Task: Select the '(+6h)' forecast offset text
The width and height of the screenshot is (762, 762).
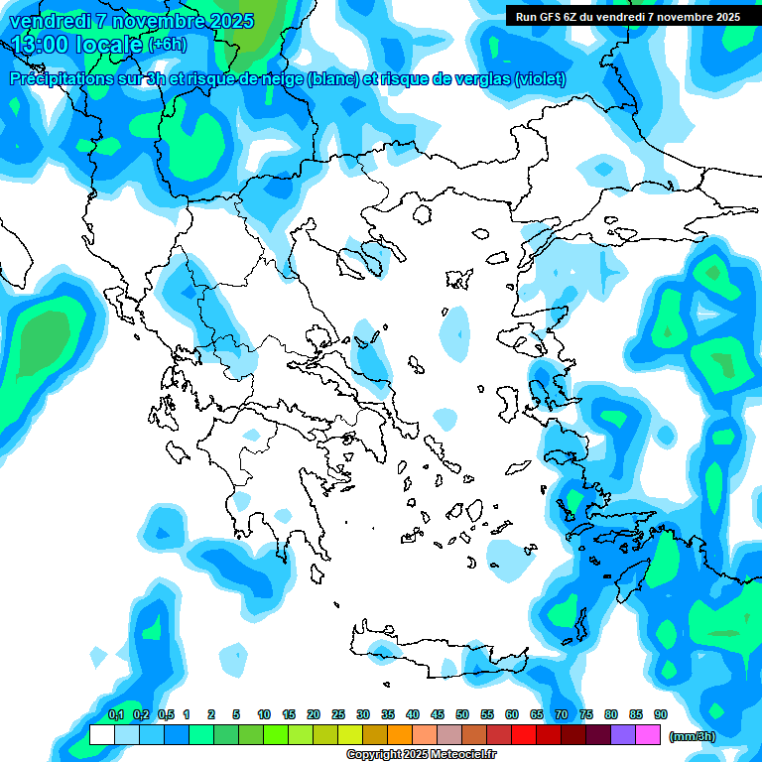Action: (x=167, y=45)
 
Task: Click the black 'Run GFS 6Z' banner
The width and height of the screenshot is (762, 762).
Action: (x=628, y=16)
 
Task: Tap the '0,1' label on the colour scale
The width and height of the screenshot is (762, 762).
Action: (x=115, y=714)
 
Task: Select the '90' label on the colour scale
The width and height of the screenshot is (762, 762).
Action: (x=661, y=714)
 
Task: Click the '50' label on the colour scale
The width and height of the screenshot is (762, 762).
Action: (x=462, y=714)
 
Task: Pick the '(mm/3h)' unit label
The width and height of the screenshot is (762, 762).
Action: (x=693, y=735)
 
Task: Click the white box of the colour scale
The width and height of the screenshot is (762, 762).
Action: (x=101, y=734)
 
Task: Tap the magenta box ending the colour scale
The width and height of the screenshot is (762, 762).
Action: (x=648, y=734)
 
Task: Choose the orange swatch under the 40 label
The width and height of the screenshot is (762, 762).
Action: (x=400, y=734)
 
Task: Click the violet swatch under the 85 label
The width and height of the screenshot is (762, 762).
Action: (x=623, y=734)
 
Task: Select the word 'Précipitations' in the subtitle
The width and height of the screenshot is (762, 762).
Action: (x=60, y=79)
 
